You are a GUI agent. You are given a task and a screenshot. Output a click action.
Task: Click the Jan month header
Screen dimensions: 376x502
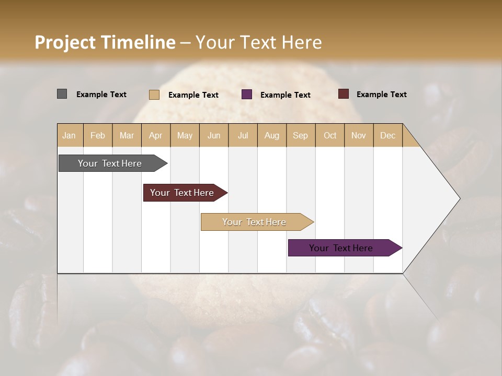coord(69,135)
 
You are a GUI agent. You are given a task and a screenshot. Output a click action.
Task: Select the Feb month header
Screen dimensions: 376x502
coord(98,135)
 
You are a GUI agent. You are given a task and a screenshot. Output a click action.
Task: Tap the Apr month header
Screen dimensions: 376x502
coord(155,135)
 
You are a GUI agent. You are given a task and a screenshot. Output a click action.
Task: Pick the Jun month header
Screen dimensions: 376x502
coord(214,135)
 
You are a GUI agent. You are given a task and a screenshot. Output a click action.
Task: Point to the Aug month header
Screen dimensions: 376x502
coord(271,135)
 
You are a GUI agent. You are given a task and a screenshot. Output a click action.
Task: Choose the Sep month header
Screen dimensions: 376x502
coord(300,135)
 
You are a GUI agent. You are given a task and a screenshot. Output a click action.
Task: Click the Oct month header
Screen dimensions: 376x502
coord(330,135)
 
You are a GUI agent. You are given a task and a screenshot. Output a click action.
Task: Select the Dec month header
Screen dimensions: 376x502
coord(387,135)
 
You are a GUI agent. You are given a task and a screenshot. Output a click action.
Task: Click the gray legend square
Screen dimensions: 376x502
coord(62,94)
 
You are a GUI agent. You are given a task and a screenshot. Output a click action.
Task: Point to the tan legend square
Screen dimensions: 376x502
coord(154,95)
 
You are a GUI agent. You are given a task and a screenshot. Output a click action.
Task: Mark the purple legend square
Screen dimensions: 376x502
coord(247,95)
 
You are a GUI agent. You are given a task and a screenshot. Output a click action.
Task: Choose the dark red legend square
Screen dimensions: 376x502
coord(343,94)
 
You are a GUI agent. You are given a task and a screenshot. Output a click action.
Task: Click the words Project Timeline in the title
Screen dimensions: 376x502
coord(105,42)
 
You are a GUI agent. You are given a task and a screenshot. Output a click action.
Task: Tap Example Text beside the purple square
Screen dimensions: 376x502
coord(286,95)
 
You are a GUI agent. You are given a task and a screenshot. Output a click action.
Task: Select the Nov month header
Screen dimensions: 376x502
coord(359,135)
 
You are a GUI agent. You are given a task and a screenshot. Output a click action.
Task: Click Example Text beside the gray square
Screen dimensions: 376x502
coord(101,95)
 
